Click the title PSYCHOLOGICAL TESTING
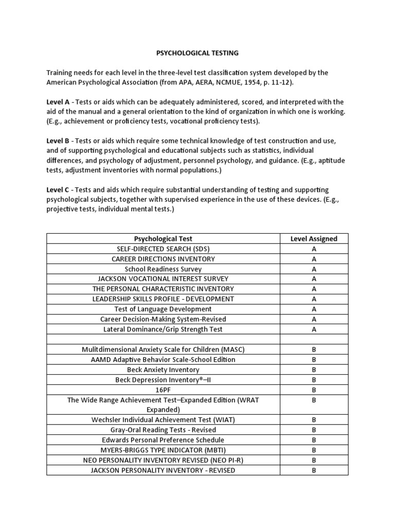pyautogui.click(x=197, y=52)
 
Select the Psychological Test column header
pyautogui.click(x=163, y=239)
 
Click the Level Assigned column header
pyautogui.click(x=314, y=239)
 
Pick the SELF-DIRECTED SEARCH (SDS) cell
pyautogui.click(x=163, y=249)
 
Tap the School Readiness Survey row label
pyautogui.click(x=163, y=269)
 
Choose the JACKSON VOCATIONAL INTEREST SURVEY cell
pyautogui.click(x=163, y=279)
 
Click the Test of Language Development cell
pyautogui.click(x=163, y=309)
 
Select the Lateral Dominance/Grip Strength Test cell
pyautogui.click(x=163, y=329)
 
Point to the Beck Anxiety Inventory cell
pyautogui.click(x=163, y=370)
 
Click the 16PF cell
pyautogui.click(x=163, y=390)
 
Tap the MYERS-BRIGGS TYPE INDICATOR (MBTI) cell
pyautogui.click(x=163, y=450)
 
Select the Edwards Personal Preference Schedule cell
pyautogui.click(x=163, y=440)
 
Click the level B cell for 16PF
pyautogui.click(x=314, y=390)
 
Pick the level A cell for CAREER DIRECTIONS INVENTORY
pyautogui.click(x=314, y=259)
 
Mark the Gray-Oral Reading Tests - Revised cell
pyautogui.click(x=163, y=430)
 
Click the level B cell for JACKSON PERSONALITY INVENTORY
pyautogui.click(x=314, y=470)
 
